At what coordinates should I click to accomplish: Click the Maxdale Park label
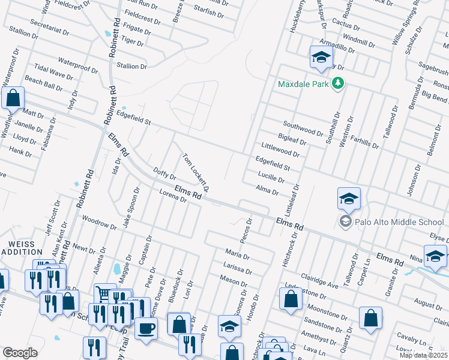click(303, 84)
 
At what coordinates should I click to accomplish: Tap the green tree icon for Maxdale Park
click(337, 83)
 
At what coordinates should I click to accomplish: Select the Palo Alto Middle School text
click(399, 222)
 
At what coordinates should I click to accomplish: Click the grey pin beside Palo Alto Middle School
click(345, 222)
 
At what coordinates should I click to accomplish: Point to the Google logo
click(20, 353)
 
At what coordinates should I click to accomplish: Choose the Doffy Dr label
click(164, 174)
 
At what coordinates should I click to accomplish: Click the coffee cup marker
click(145, 328)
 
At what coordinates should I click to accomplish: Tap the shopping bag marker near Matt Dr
click(13, 98)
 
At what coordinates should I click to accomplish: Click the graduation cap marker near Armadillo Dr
click(321, 57)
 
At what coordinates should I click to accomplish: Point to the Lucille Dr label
click(270, 178)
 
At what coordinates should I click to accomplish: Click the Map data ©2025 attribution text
click(423, 355)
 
